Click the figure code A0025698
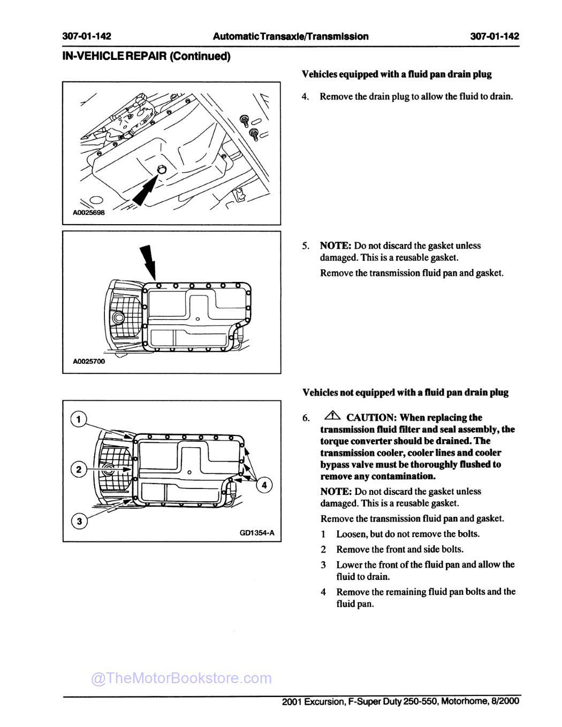click(x=89, y=212)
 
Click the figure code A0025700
click(x=89, y=362)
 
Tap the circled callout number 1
click(x=79, y=419)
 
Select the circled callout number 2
click(x=79, y=470)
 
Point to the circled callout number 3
click(x=79, y=521)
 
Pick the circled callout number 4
click(x=264, y=485)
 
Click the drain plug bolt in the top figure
click(x=162, y=170)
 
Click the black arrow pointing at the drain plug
click(x=145, y=191)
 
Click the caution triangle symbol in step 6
click(x=332, y=416)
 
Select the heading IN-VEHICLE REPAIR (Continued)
click(x=146, y=56)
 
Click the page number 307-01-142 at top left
click(x=87, y=36)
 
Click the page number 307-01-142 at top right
click(x=495, y=36)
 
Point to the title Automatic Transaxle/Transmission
click(x=291, y=36)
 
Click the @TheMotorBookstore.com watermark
click(x=181, y=678)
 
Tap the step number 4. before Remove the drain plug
click(x=306, y=97)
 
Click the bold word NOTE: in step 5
click(x=336, y=246)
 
